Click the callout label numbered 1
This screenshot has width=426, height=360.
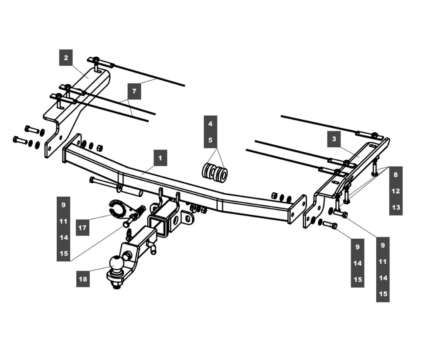pos(160,158)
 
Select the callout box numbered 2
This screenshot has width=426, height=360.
pos(66,58)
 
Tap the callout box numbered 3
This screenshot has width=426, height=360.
pos(334,139)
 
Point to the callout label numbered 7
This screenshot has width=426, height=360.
pos(134,91)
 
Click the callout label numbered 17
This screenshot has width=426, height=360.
pos(82,227)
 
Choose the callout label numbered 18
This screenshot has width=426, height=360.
pos(83,279)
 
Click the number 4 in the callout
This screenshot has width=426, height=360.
pos(210,124)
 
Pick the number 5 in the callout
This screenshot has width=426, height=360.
pos(210,140)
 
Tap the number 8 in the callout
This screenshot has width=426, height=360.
pos(395,175)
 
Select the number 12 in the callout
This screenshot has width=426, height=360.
pos(395,191)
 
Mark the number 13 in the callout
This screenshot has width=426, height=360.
pos(396,207)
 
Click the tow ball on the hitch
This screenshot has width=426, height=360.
pos(116,263)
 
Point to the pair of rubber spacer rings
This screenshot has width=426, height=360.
pos(215,173)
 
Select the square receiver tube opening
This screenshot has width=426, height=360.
pos(158,225)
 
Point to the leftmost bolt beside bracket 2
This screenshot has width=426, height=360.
pos(20,141)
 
